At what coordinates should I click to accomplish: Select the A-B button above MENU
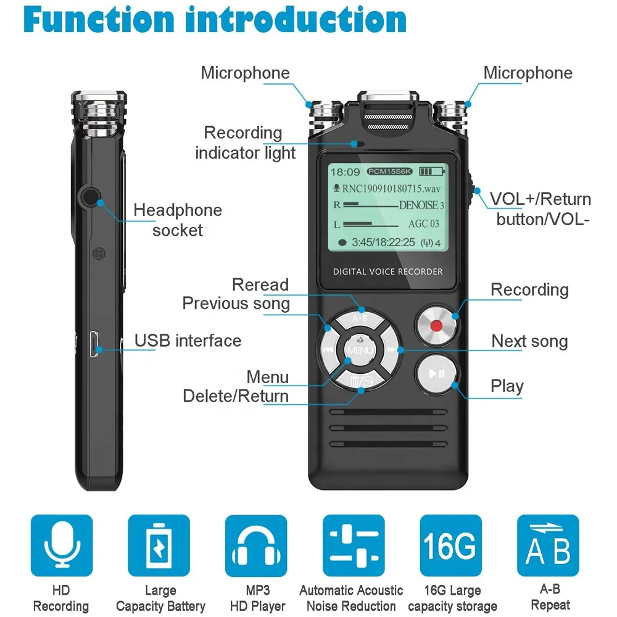click(x=360, y=319)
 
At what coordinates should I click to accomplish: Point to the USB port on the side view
click(x=94, y=344)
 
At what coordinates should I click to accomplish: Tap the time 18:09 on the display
click(x=344, y=172)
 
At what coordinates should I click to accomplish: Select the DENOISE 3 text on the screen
click(x=421, y=205)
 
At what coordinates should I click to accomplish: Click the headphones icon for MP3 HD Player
click(x=256, y=545)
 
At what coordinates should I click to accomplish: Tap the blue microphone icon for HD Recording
click(x=61, y=545)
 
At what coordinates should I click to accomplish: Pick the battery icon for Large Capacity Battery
click(x=159, y=545)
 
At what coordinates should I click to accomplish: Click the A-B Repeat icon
click(x=548, y=545)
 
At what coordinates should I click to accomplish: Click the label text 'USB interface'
click(x=188, y=341)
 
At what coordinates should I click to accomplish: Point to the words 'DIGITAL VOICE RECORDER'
click(x=387, y=271)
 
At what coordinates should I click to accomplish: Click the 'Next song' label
click(x=529, y=341)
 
